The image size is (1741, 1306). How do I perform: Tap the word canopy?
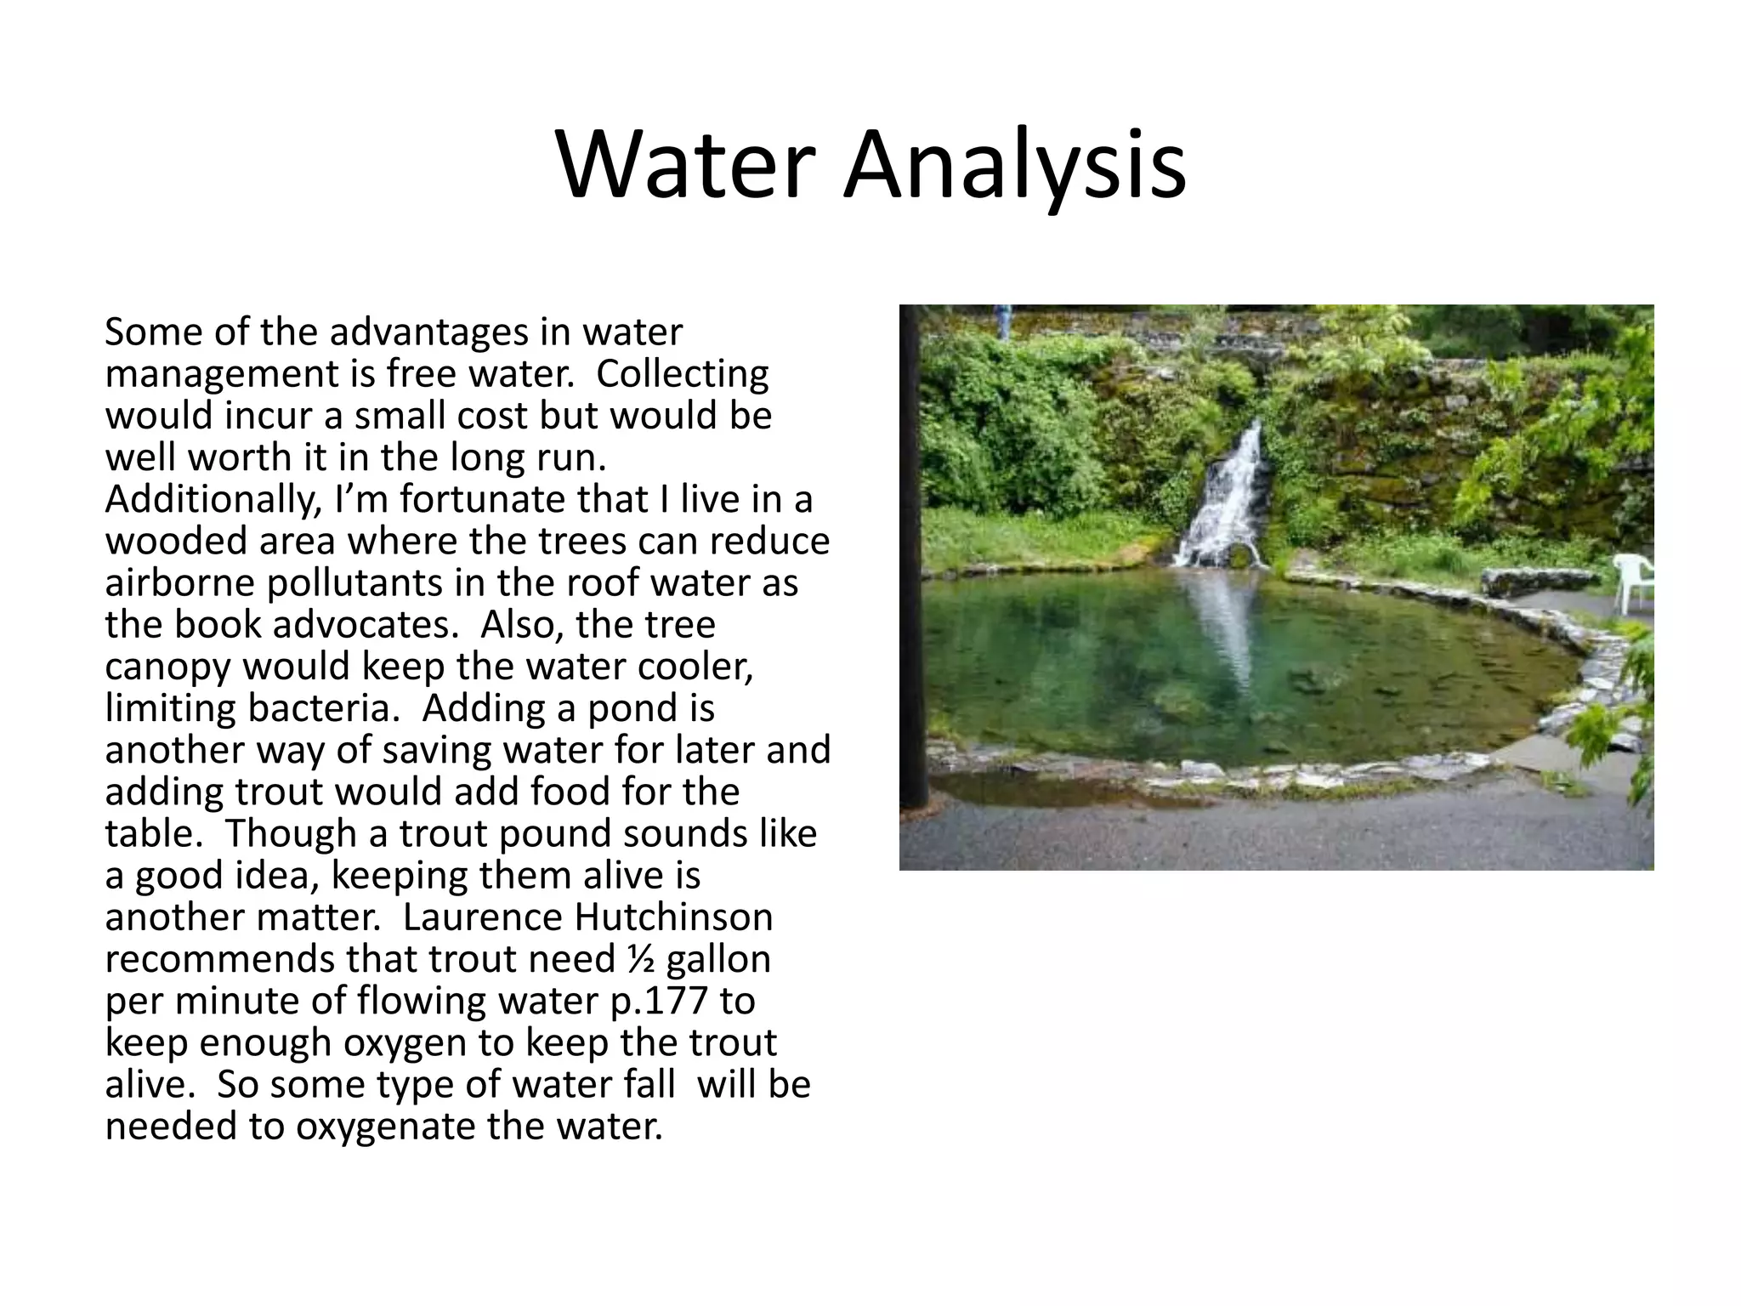(167, 667)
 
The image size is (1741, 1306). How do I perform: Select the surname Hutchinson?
(674, 917)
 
